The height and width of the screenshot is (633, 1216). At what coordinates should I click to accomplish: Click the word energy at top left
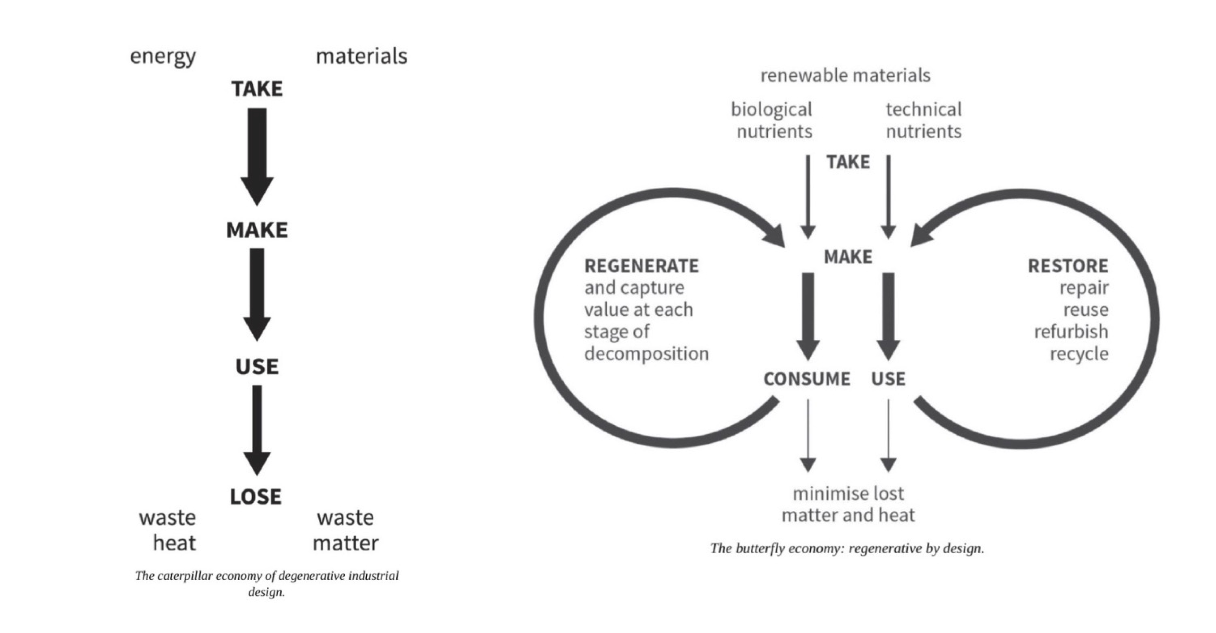click(x=163, y=57)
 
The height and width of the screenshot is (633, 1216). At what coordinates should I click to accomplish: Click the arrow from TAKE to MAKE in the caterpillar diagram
click(x=257, y=156)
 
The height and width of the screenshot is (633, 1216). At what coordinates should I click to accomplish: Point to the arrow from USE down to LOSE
click(x=257, y=430)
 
